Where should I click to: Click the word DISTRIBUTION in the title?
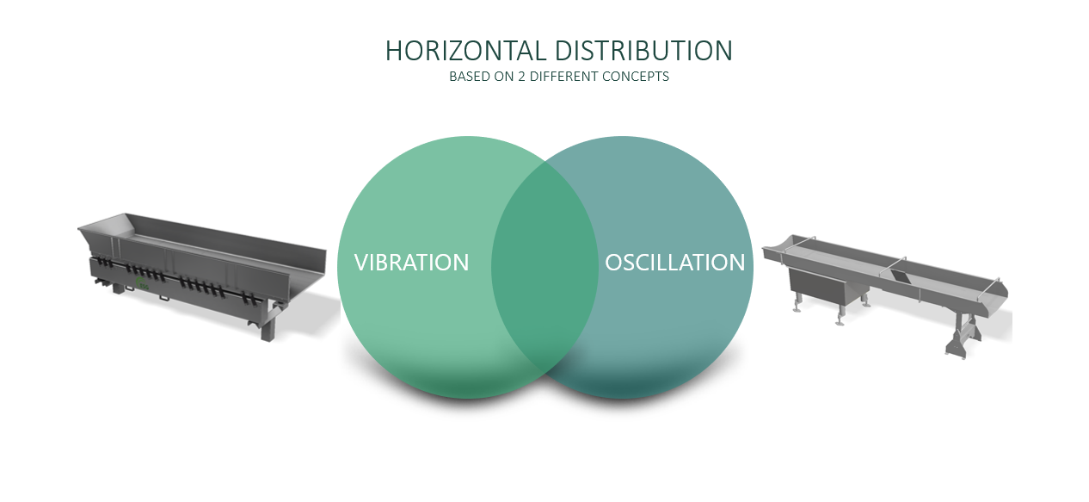(643, 51)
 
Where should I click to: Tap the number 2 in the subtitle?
(521, 77)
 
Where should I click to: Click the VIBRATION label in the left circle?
(411, 263)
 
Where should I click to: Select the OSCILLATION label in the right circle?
(674, 263)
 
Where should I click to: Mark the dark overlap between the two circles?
(544, 268)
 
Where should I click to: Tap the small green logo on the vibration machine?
(142, 284)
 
